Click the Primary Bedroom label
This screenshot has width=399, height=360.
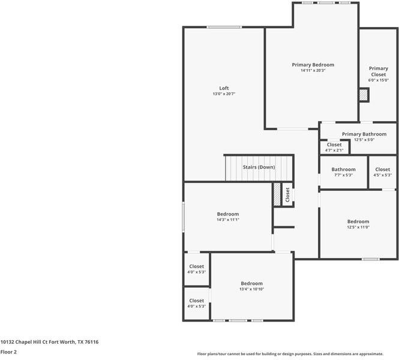pyautogui.click(x=313, y=65)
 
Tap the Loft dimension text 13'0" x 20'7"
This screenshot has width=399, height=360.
pyautogui.click(x=223, y=94)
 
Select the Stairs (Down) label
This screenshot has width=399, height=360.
pyautogui.click(x=259, y=167)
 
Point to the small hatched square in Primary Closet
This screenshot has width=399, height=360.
pyautogui.click(x=363, y=95)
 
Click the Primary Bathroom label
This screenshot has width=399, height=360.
pyautogui.click(x=364, y=134)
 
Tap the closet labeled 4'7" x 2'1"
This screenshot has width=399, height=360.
pyautogui.click(x=334, y=148)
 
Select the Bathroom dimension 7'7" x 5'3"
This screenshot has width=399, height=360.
pyautogui.click(x=343, y=175)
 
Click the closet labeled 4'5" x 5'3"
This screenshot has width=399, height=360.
pyautogui.click(x=382, y=172)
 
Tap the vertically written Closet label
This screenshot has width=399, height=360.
pyautogui.click(x=287, y=194)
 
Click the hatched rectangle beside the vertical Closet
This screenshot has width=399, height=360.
pyautogui.click(x=277, y=194)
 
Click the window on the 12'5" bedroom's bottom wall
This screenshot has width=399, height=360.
pyautogui.click(x=370, y=259)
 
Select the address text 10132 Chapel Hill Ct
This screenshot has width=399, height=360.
pyautogui.click(x=49, y=342)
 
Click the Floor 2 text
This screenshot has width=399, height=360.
pyautogui.click(x=8, y=352)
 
